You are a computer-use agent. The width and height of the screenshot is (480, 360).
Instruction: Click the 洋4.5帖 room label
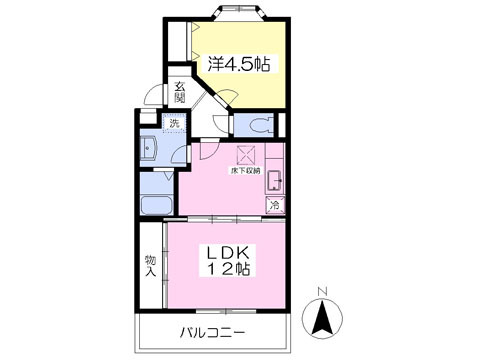pyautogui.click(x=239, y=64)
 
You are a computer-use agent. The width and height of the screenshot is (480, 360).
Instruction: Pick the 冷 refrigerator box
pyautogui.click(x=274, y=206)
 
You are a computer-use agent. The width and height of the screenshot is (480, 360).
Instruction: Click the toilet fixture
pyautogui.click(x=258, y=126)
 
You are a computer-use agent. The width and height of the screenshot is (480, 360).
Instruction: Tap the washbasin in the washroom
pyautogui.click(x=150, y=150)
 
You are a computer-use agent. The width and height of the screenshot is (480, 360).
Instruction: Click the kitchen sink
pyautogui.click(x=274, y=182)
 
